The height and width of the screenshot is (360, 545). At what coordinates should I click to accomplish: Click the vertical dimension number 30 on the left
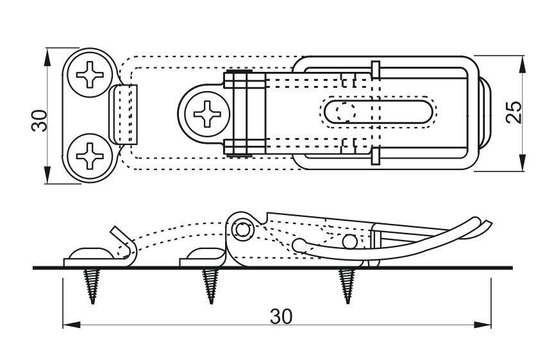[40, 120]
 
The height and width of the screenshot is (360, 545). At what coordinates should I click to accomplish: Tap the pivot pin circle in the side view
[242, 229]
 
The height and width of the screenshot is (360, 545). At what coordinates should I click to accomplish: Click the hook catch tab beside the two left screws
[126, 115]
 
